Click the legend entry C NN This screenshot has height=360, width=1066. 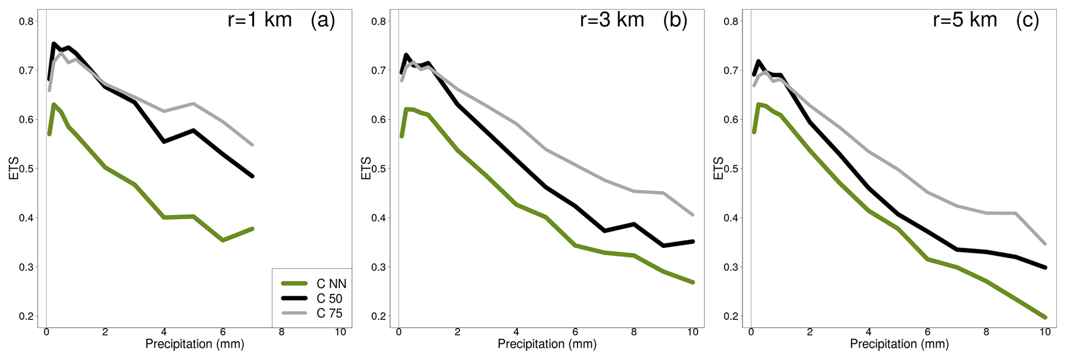tap(331, 284)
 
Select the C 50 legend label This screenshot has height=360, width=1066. tap(329, 299)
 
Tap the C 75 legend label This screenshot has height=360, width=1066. tap(329, 314)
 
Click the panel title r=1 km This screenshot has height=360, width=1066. tap(259, 20)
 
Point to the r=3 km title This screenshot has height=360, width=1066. tap(612, 20)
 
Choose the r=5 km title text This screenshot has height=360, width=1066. tap(965, 20)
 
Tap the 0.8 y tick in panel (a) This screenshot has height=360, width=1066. tap(26, 21)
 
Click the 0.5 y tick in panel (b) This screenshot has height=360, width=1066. tap(379, 169)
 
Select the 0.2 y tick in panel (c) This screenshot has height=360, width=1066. tap(731, 316)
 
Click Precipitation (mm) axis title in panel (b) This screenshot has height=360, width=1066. tap(547, 345)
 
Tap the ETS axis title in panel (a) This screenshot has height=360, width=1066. tap(14, 169)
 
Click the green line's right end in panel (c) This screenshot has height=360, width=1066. tap(1045, 317)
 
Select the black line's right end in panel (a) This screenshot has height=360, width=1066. tap(252, 176)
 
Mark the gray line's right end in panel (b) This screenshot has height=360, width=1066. tap(693, 215)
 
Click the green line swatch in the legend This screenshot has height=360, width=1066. tap(294, 284)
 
